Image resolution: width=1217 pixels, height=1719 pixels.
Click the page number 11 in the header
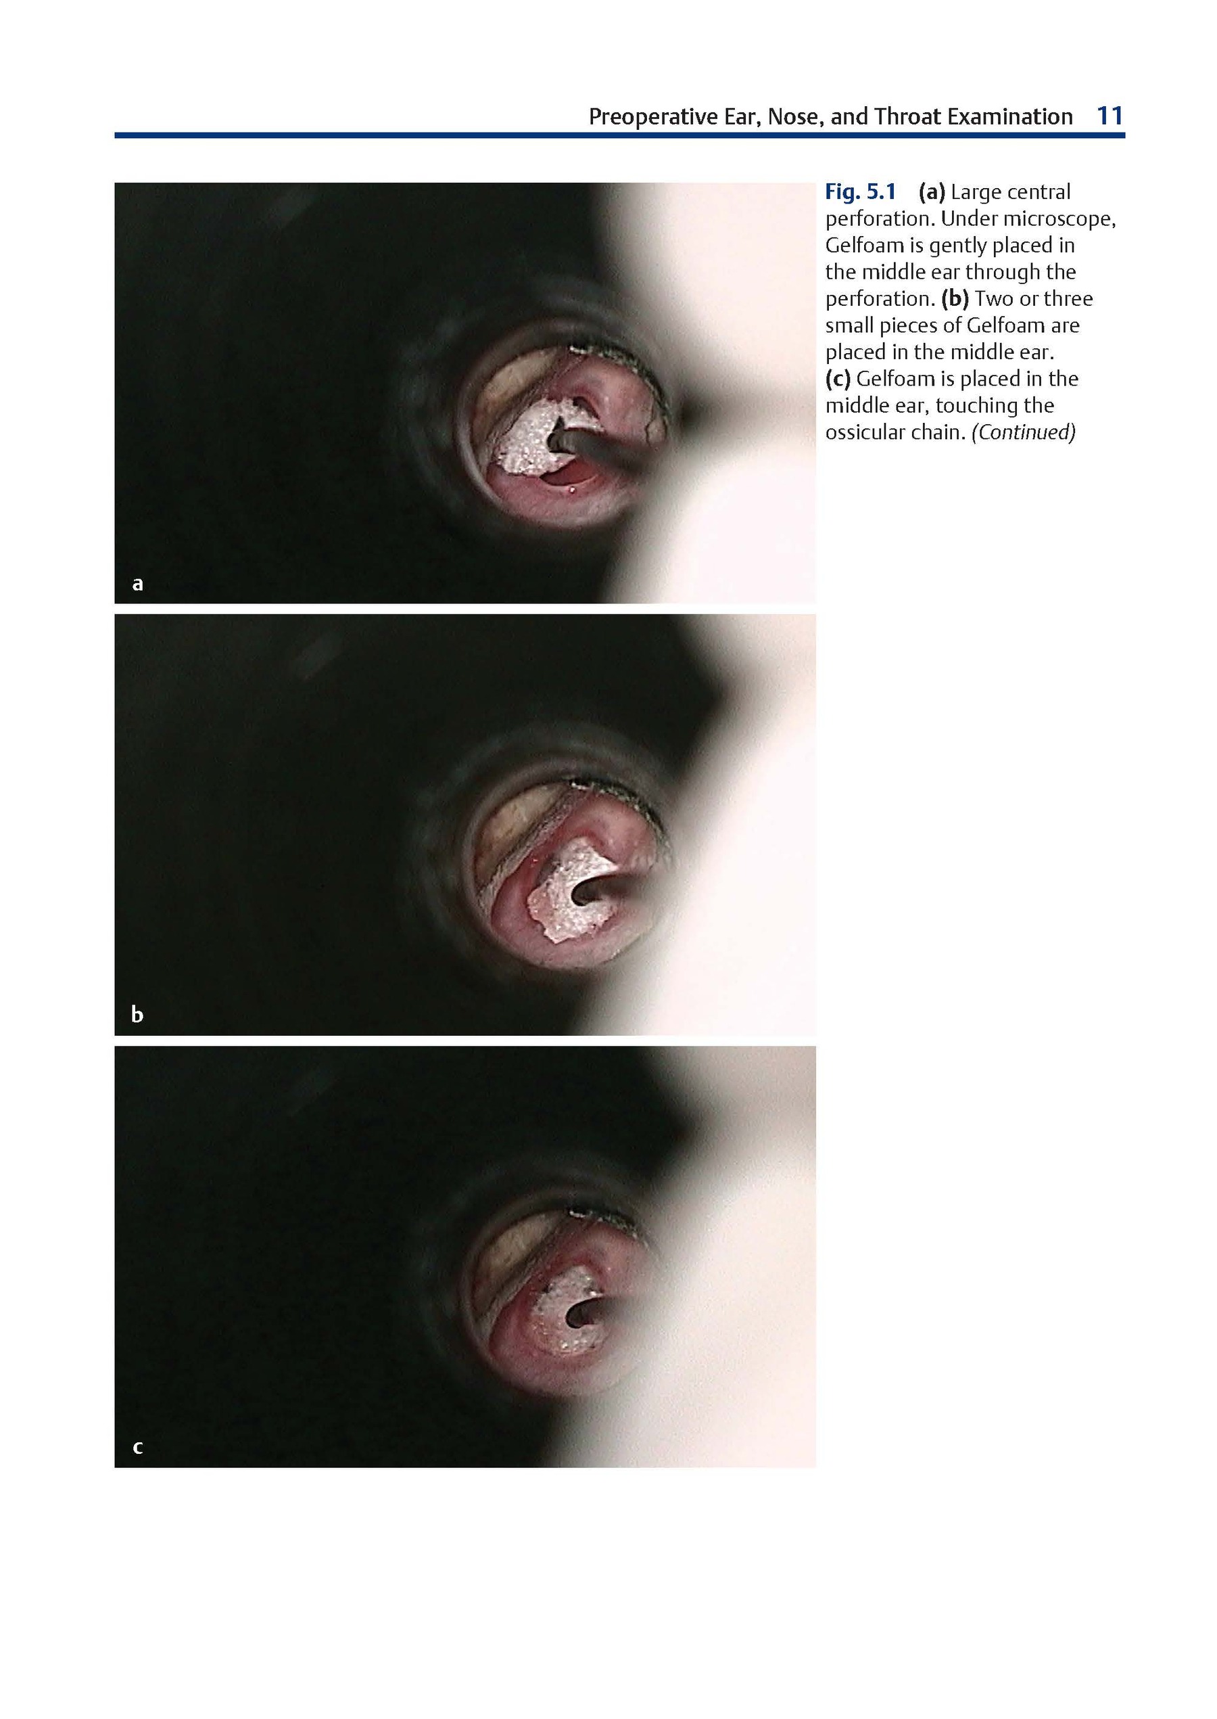coord(1110,116)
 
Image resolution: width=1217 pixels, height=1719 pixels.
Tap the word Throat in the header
coord(906,117)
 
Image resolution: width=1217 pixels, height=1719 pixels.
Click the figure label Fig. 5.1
coord(860,193)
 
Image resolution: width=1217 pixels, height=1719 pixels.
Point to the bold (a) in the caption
coord(932,193)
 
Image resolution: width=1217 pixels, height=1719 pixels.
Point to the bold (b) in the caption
coord(955,299)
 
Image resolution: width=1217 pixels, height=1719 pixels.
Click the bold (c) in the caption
coord(838,380)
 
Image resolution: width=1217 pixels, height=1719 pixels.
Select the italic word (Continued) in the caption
coord(1024,432)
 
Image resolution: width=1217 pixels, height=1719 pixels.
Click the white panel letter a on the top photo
coord(137,583)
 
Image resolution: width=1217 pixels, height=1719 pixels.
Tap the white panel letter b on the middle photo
coord(137,1014)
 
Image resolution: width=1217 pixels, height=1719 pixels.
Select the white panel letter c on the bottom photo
coord(137,1447)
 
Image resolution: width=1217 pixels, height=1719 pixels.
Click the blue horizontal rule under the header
coord(620,136)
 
